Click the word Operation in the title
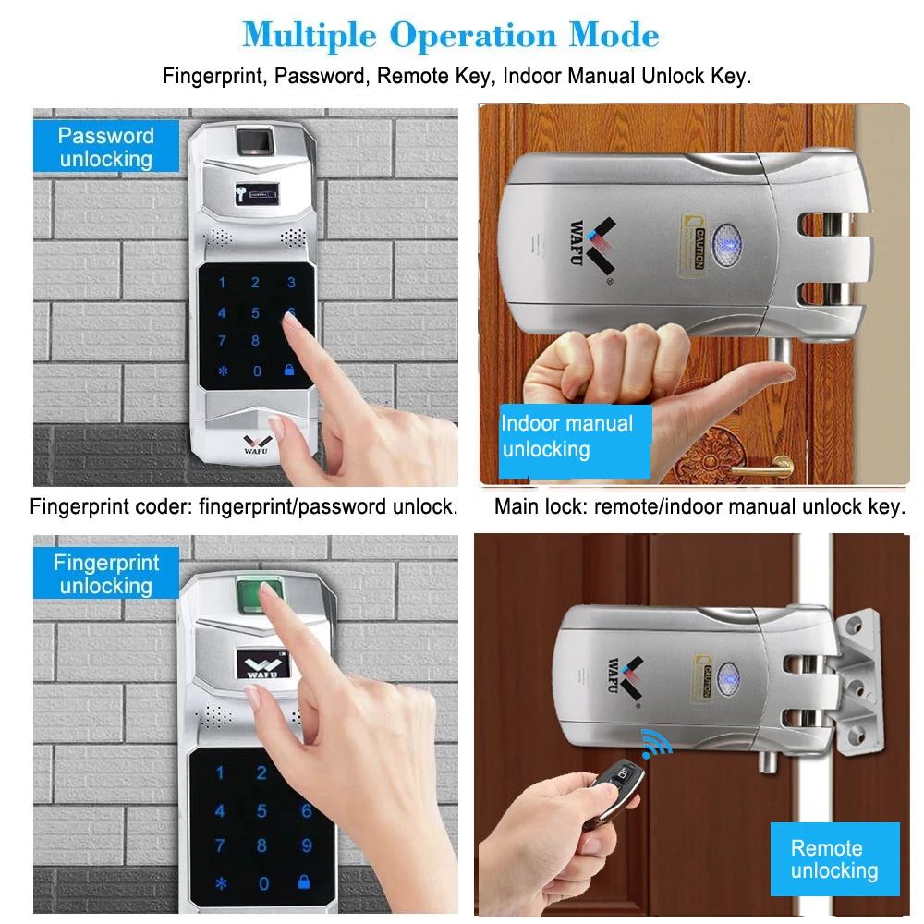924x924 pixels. point(472,35)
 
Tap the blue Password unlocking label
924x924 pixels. point(105,147)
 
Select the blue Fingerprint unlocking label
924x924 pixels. point(105,574)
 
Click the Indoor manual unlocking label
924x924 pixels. point(566,436)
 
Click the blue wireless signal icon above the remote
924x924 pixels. point(656,742)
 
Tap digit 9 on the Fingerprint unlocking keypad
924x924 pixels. point(306,845)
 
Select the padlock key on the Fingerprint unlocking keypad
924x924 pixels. point(304,882)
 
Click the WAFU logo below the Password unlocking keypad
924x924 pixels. point(254,444)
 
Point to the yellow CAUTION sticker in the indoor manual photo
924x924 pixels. point(696,243)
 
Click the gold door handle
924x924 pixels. point(762,469)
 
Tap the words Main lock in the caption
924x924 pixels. point(541,506)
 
